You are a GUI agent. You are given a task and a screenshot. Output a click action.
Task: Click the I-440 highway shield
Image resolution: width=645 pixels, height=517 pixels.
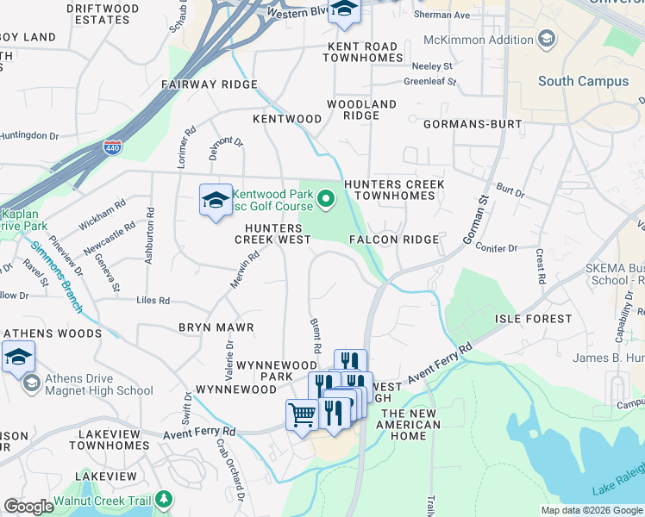click(x=112, y=147)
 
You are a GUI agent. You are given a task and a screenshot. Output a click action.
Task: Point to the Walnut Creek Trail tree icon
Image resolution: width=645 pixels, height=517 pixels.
click(x=163, y=500)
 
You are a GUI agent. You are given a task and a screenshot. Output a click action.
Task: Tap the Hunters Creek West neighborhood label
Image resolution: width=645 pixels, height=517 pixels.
click(x=273, y=233)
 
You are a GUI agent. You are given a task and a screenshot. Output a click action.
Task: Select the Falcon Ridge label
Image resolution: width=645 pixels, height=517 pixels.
click(x=394, y=239)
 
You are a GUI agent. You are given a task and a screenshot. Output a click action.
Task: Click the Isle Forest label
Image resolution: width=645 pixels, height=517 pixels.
click(x=532, y=319)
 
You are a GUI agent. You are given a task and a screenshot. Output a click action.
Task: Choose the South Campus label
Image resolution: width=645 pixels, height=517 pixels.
click(x=583, y=81)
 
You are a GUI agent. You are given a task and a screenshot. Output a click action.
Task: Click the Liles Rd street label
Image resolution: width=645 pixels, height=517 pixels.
click(x=153, y=301)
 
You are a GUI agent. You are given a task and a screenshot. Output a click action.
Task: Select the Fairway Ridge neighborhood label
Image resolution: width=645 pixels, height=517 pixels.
click(x=210, y=84)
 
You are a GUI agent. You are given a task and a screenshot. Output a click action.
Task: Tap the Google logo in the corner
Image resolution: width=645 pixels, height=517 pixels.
click(x=28, y=507)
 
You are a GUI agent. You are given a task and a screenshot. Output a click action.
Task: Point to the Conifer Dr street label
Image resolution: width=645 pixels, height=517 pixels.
click(x=495, y=248)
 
